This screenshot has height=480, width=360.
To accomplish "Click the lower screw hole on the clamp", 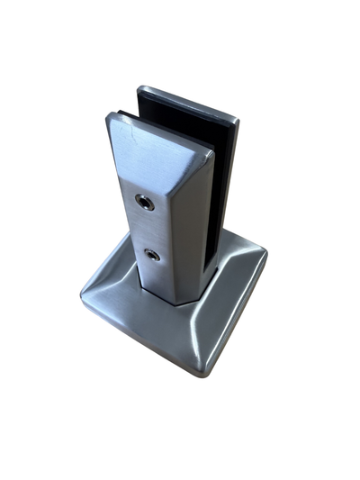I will (x=153, y=255).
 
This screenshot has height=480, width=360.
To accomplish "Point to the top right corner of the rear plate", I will (x=237, y=117).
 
